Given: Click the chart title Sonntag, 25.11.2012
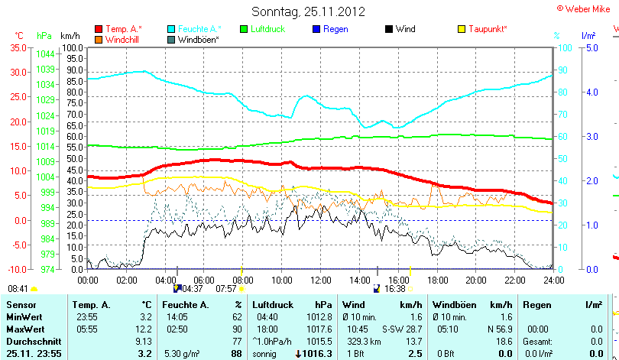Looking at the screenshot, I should coord(308,11).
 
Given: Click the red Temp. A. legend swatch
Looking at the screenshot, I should coord(99,29).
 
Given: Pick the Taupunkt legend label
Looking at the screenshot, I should coord(488,29).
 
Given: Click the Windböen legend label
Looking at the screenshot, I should coord(198,39).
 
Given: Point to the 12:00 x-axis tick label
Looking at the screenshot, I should coord(319,280).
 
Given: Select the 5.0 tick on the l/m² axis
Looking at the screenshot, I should coord(590,47).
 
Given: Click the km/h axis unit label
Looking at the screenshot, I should coord(70,36).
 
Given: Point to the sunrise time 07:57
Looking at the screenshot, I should coord(226,289).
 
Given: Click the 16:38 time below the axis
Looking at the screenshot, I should coord(394,289).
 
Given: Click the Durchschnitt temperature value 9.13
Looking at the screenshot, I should coord(143,341).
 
